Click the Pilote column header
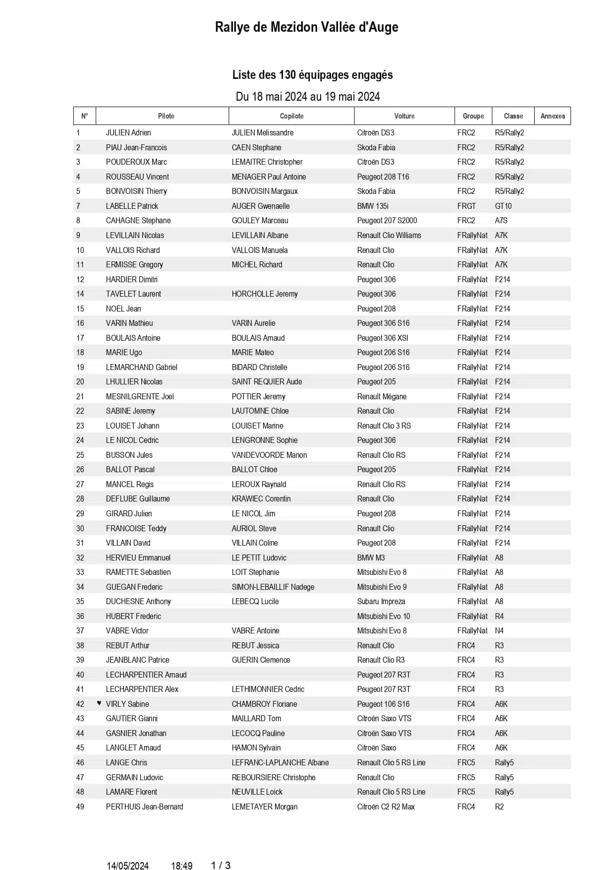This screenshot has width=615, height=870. point(166,116)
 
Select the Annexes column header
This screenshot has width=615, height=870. point(553,116)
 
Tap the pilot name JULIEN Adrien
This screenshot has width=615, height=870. point(128,133)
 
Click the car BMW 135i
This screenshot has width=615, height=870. point(373,206)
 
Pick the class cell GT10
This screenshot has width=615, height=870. point(503,206)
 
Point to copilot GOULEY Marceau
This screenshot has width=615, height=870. point(260,221)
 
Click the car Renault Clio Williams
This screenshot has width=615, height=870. point(389,235)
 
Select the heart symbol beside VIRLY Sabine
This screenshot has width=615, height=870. point(99,703)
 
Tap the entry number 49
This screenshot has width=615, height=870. point(80,807)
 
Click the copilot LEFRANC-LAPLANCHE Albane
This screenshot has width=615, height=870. point(280,762)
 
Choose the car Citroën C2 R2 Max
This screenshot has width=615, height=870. point(386,807)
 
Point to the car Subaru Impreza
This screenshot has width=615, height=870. point(381,601)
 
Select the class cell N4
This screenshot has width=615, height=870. point(499,630)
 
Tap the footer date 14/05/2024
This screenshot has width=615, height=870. point(128,866)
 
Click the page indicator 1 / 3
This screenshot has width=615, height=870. point(221,865)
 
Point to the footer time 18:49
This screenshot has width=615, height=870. point(181,866)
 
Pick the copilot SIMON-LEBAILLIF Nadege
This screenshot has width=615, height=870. point(273,587)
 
